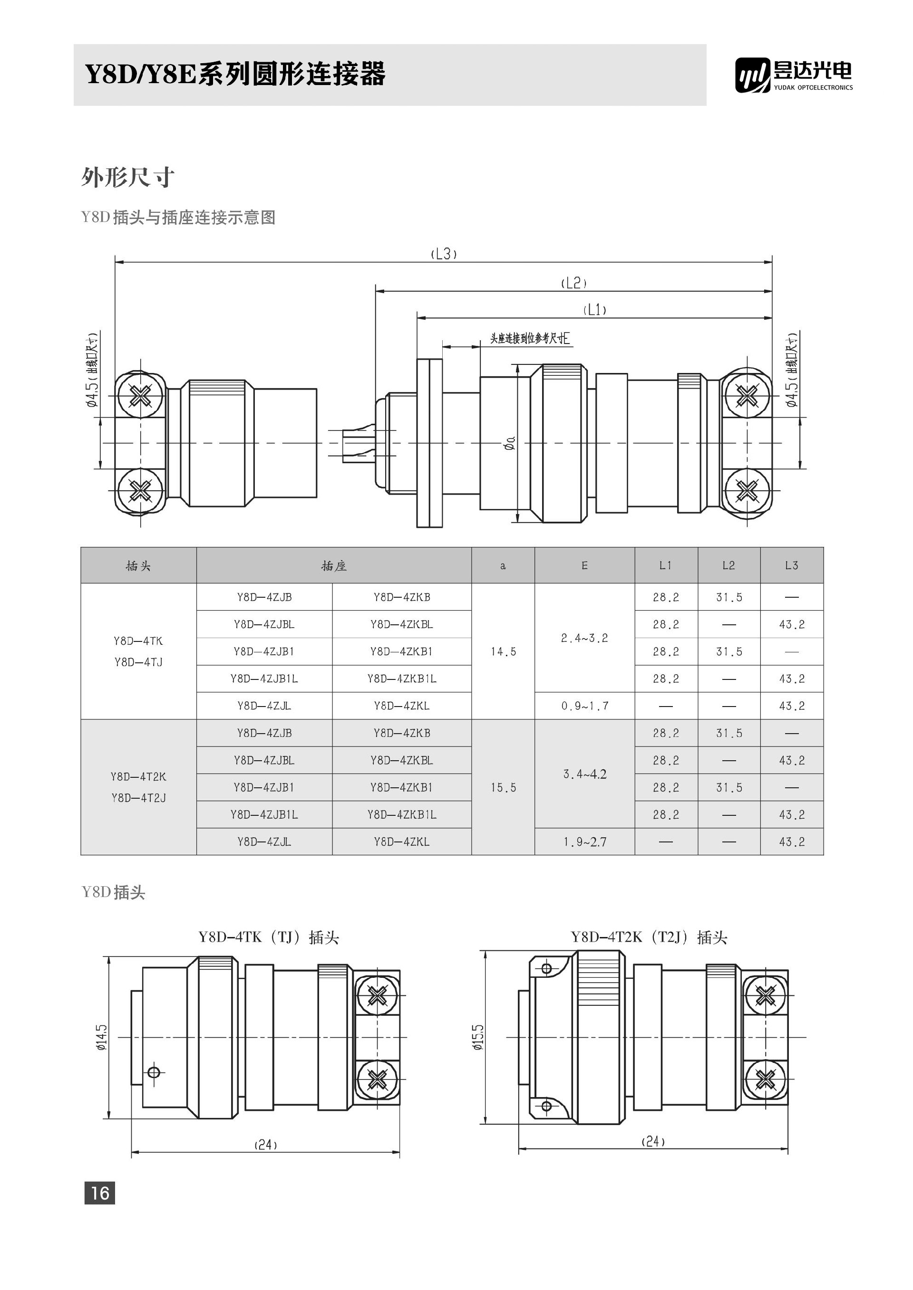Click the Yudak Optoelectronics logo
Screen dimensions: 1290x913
tap(793, 75)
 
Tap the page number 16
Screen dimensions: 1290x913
tap(99, 1192)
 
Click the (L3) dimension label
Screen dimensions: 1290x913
tap(444, 254)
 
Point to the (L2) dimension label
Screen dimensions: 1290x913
tap(573, 283)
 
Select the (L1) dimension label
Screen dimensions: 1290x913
tap(595, 310)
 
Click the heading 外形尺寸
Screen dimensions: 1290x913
tap(127, 178)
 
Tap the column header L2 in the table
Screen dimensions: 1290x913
tap(728, 565)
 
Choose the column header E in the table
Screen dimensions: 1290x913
tap(584, 565)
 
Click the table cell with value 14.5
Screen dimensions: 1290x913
tap(503, 652)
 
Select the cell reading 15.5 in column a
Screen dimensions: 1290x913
tap(503, 788)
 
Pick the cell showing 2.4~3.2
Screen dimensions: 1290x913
tap(584, 638)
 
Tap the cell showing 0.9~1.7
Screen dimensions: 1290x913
tap(584, 706)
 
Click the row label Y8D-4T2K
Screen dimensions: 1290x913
tap(138, 777)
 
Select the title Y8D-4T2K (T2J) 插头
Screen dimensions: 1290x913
tap(649, 937)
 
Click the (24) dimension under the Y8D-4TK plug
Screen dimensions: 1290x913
tap(265, 1145)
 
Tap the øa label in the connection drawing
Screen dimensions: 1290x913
tap(510, 444)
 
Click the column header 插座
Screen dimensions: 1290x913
tap(333, 566)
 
